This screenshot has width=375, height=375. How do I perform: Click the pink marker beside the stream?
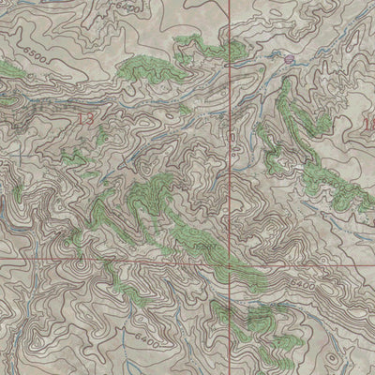289,59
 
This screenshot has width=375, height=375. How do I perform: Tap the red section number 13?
86,119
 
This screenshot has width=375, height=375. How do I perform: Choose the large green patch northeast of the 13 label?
145,67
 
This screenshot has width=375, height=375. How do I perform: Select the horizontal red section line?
112,259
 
